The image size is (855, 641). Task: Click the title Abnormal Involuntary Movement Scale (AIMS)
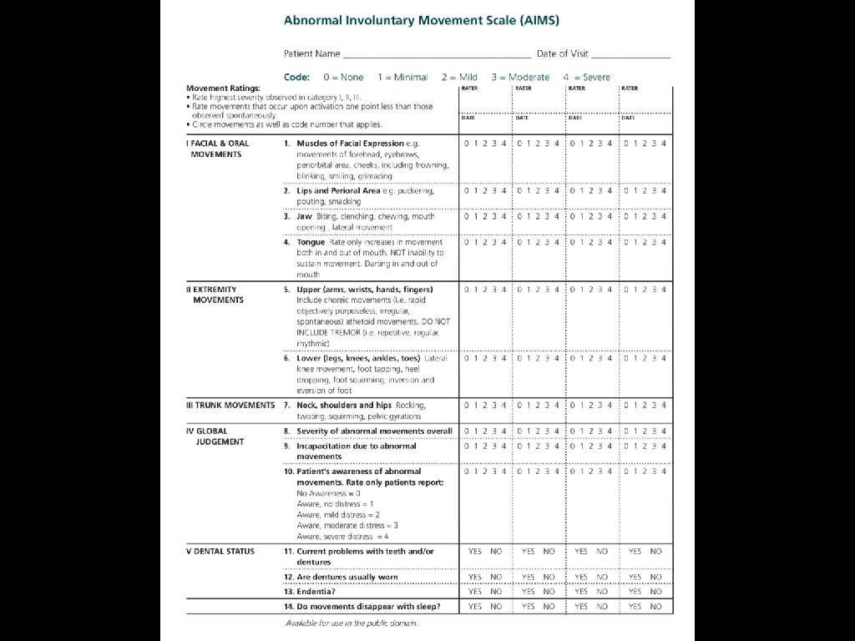(x=421, y=19)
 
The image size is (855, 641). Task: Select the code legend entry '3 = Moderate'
(x=520, y=77)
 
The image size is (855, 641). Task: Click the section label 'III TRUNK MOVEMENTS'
(x=230, y=405)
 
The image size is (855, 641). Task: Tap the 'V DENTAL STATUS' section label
(x=220, y=551)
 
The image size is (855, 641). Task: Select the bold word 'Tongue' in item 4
(x=311, y=242)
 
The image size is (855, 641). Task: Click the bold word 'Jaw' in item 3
(x=304, y=216)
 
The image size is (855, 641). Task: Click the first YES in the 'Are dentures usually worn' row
(x=475, y=577)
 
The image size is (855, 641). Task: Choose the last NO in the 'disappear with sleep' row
(x=656, y=606)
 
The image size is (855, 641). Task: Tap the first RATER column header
(x=470, y=88)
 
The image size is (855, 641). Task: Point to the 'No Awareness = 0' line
(x=329, y=493)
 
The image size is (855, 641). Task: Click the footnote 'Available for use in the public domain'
(x=352, y=623)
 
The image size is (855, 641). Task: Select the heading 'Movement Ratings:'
(x=223, y=88)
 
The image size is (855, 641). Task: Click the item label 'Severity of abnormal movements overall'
(x=374, y=431)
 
